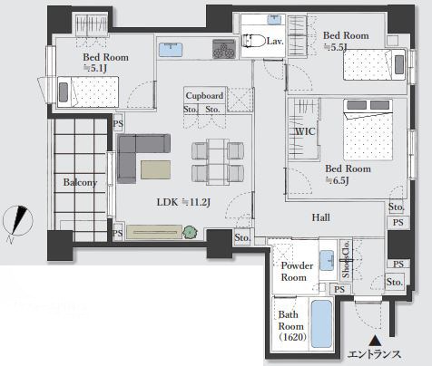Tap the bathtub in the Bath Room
click(321, 323)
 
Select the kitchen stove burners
click(224, 48)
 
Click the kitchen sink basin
click(171, 49)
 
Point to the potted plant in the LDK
click(190, 232)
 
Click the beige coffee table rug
click(155, 169)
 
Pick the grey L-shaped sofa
click(136, 155)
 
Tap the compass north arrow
click(18, 220)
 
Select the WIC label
click(305, 131)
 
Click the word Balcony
click(80, 182)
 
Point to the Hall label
click(321, 217)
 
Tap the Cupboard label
click(204, 96)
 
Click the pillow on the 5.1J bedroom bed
click(64, 92)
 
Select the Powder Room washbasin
click(327, 260)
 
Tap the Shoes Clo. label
click(346, 259)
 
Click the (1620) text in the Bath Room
click(292, 337)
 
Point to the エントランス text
click(375, 354)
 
